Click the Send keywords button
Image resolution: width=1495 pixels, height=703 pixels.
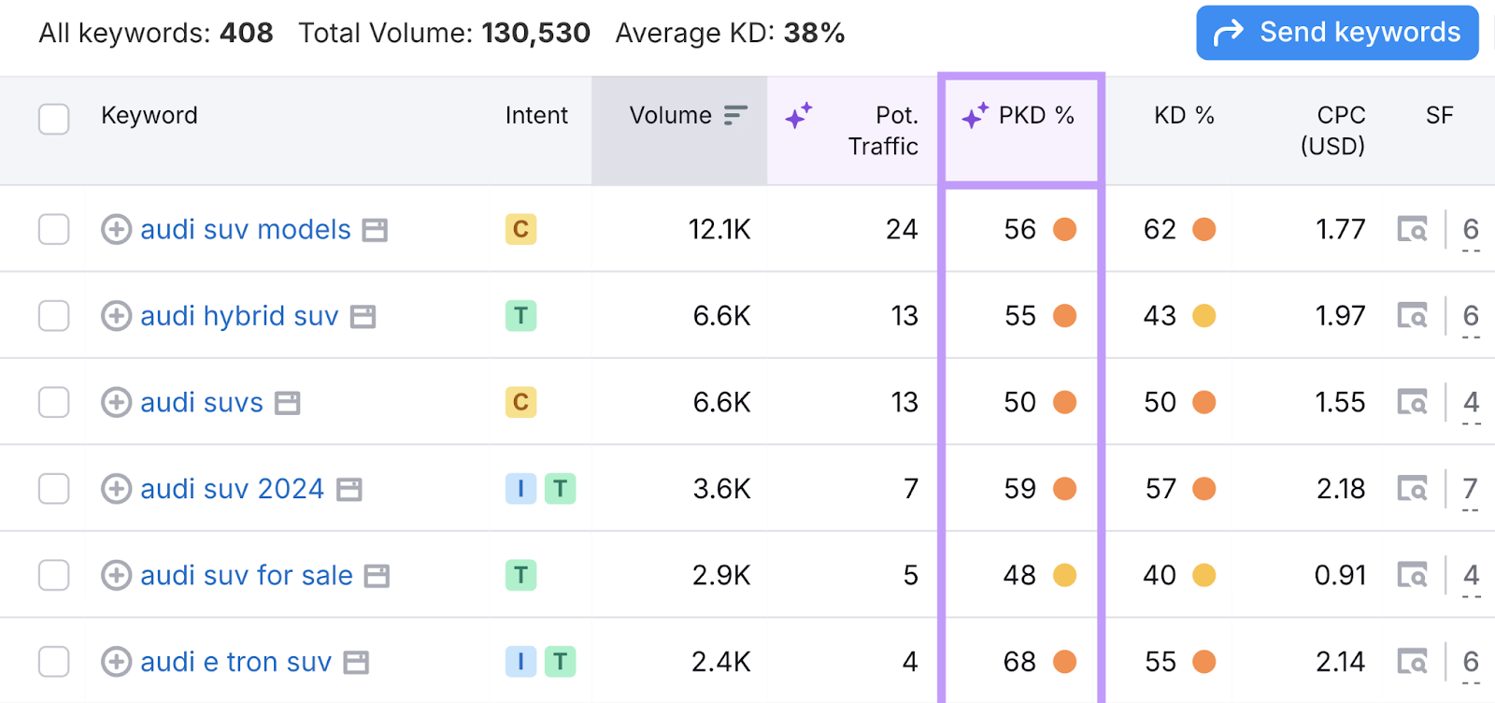(1337, 33)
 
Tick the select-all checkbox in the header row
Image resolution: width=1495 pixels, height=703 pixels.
(54, 119)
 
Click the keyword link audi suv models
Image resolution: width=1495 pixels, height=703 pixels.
(246, 229)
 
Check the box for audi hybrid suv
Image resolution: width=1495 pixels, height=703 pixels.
(54, 316)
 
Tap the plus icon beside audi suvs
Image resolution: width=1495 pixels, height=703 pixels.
(116, 402)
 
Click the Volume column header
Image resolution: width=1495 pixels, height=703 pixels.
(671, 116)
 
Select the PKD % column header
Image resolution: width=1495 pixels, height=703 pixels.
(1035, 116)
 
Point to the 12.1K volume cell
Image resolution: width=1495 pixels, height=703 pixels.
(719, 229)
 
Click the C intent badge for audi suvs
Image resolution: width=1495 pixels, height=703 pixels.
(520, 402)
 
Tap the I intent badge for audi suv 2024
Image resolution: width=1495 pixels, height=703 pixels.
(520, 488)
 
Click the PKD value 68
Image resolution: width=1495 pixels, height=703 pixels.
(1019, 662)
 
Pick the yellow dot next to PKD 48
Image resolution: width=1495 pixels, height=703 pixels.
(1064, 575)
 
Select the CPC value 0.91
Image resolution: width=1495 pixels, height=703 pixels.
(1340, 575)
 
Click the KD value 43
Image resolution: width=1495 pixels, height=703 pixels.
(1160, 316)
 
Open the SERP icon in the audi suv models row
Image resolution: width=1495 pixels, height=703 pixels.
(1412, 229)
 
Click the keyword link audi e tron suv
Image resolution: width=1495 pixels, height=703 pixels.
(235, 662)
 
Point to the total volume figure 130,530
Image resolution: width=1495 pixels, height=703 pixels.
(535, 33)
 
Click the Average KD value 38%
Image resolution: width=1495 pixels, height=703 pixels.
(814, 33)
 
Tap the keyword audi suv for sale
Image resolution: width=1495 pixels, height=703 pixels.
(247, 575)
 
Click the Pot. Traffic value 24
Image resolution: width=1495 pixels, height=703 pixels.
(902, 229)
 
